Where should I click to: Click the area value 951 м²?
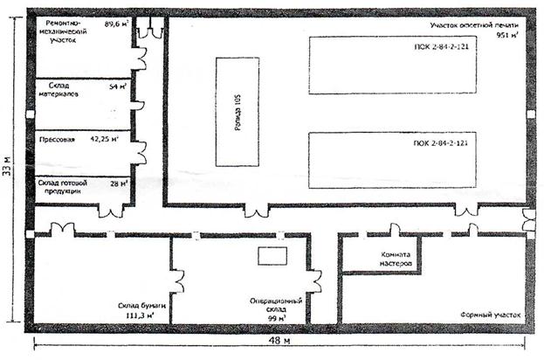click(506, 37)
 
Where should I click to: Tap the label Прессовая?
click(59, 139)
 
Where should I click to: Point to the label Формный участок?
click(488, 313)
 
